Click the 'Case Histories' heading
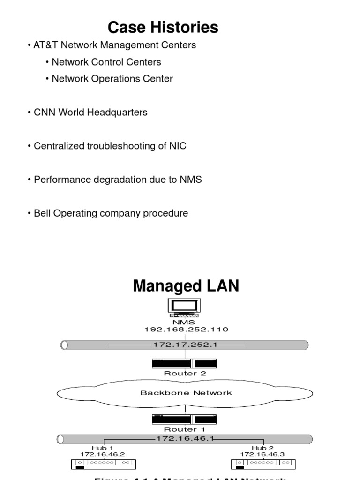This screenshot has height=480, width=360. [x=163, y=28]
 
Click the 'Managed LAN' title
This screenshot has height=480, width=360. [x=186, y=285]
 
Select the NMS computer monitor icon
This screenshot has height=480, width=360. [x=185, y=307]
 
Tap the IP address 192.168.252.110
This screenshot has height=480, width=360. [x=186, y=330]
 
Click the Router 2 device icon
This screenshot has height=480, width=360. [x=185, y=363]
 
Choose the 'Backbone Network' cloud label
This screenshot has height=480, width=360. [x=186, y=393]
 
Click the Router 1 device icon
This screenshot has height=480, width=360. [x=185, y=419]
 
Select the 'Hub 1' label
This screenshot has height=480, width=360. [x=102, y=448]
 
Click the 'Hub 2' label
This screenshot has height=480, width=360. [x=262, y=448]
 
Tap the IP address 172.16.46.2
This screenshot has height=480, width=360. [x=102, y=454]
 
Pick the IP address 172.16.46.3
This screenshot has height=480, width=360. [x=262, y=454]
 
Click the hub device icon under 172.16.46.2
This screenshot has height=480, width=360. [x=103, y=464]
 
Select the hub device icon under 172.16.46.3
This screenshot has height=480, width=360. [x=264, y=464]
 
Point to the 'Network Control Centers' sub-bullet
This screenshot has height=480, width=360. [x=106, y=62]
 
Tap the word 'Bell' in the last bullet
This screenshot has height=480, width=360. [x=43, y=213]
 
